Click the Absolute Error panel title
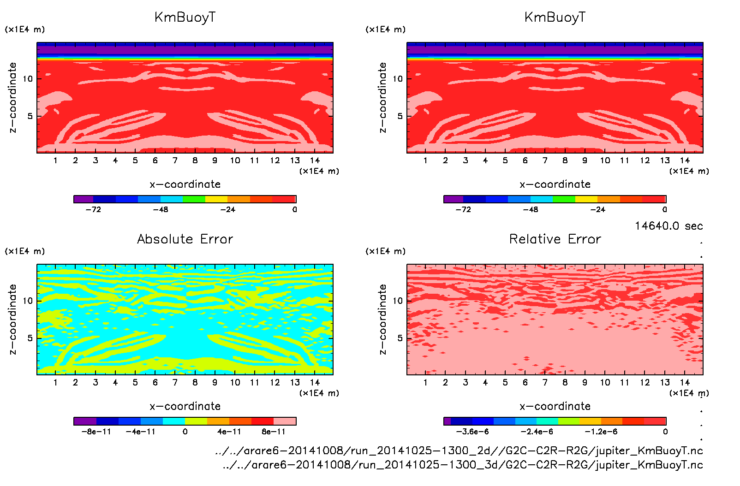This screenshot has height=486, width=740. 185,239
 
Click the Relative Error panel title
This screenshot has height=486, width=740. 555,239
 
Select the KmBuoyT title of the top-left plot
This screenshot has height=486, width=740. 185,18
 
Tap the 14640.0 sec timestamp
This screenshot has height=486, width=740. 668,226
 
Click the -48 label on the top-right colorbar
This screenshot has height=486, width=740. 530,209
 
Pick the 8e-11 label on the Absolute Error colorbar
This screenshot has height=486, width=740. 274,432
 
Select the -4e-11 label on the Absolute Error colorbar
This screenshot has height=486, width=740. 141,432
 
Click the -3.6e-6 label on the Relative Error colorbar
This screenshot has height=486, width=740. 472,432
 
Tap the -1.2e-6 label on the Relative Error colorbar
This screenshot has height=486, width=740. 601,432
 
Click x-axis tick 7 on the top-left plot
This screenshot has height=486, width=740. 175,160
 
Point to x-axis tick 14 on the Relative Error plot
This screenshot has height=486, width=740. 685,382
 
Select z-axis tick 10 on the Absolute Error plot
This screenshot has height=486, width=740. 28,301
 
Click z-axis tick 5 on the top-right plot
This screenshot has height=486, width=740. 400,116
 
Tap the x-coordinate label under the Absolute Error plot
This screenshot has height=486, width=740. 185,406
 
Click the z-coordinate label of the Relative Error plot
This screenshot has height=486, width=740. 382,319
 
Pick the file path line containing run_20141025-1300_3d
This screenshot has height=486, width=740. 463,464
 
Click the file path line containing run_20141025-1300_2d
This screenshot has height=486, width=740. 459,450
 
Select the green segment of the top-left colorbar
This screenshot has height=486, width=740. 194,199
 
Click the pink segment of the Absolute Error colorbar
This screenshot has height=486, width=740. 285,421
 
